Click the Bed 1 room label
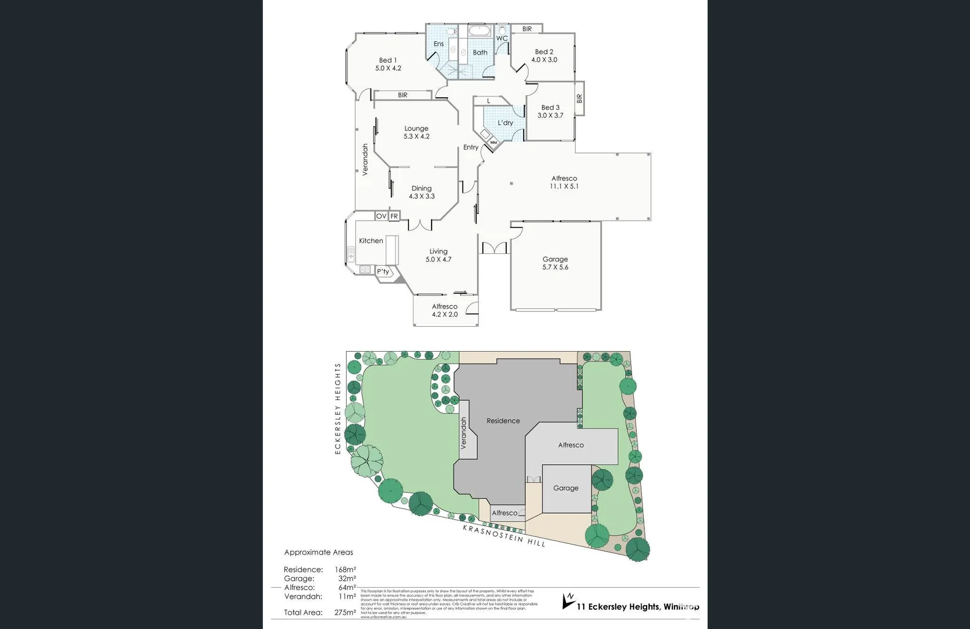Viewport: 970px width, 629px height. tap(387, 60)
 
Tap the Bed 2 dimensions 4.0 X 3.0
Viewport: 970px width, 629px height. tap(544, 60)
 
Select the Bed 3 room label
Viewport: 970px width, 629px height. tap(550, 108)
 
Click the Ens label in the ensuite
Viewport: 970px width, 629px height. tap(439, 44)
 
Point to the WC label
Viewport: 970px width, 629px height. tap(502, 38)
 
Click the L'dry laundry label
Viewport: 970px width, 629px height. tap(505, 123)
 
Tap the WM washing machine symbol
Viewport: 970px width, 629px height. tap(493, 142)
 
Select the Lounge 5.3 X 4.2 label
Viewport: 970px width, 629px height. tap(416, 132)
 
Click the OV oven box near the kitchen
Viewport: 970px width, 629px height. tap(381, 216)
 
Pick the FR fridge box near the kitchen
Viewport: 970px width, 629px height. tap(394, 216)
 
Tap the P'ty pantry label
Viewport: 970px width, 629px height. tap(383, 272)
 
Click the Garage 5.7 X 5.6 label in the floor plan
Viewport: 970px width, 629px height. tap(555, 263)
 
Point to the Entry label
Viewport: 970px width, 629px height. tap(471, 147)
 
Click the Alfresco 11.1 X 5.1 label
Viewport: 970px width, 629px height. tap(564, 182)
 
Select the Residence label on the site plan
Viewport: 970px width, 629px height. tap(503, 420)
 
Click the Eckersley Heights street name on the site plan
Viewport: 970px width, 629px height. tap(337, 408)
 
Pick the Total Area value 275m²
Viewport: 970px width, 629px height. tap(345, 613)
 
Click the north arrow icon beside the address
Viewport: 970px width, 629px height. tap(568, 600)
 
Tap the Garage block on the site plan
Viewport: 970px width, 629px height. tap(566, 488)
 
